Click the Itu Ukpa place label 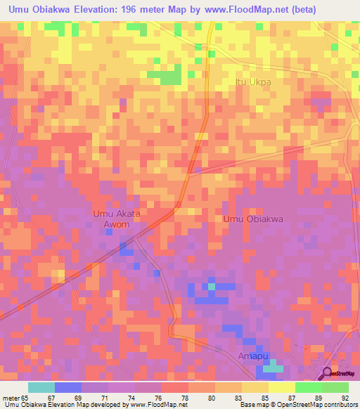tap(252, 82)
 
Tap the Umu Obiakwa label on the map tap(253, 219)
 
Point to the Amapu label tap(257, 356)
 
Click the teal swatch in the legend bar tap(41, 387)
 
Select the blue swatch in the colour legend tap(67, 387)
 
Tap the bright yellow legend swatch tap(281, 387)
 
